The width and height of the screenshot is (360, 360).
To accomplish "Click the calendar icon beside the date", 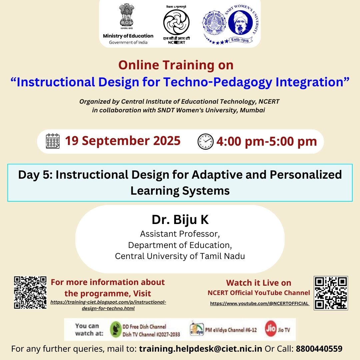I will tap(53, 141).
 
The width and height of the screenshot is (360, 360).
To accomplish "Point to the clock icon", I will tap(205, 142).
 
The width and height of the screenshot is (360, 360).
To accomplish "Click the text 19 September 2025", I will tap(122, 141).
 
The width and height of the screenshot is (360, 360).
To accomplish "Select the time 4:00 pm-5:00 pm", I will tap(267, 142).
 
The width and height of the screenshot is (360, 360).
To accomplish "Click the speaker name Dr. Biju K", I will tap(180, 220).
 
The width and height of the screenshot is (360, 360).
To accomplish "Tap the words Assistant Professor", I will tap(180, 234).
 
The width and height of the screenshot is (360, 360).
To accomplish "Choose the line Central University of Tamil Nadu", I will tap(180, 256).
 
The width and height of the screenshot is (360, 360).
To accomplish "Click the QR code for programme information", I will tap(30, 292).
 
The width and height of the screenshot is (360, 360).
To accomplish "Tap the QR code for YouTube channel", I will tap(331, 293).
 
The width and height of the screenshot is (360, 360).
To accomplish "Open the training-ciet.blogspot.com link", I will tap(108, 305).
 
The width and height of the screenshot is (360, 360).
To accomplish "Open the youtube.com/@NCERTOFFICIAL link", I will tap(259, 304).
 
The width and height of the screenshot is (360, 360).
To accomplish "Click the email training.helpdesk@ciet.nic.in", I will tap(200, 349).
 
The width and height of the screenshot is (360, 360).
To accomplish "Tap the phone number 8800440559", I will tap(319, 349).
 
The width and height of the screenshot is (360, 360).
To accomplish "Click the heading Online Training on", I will tap(176, 65).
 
